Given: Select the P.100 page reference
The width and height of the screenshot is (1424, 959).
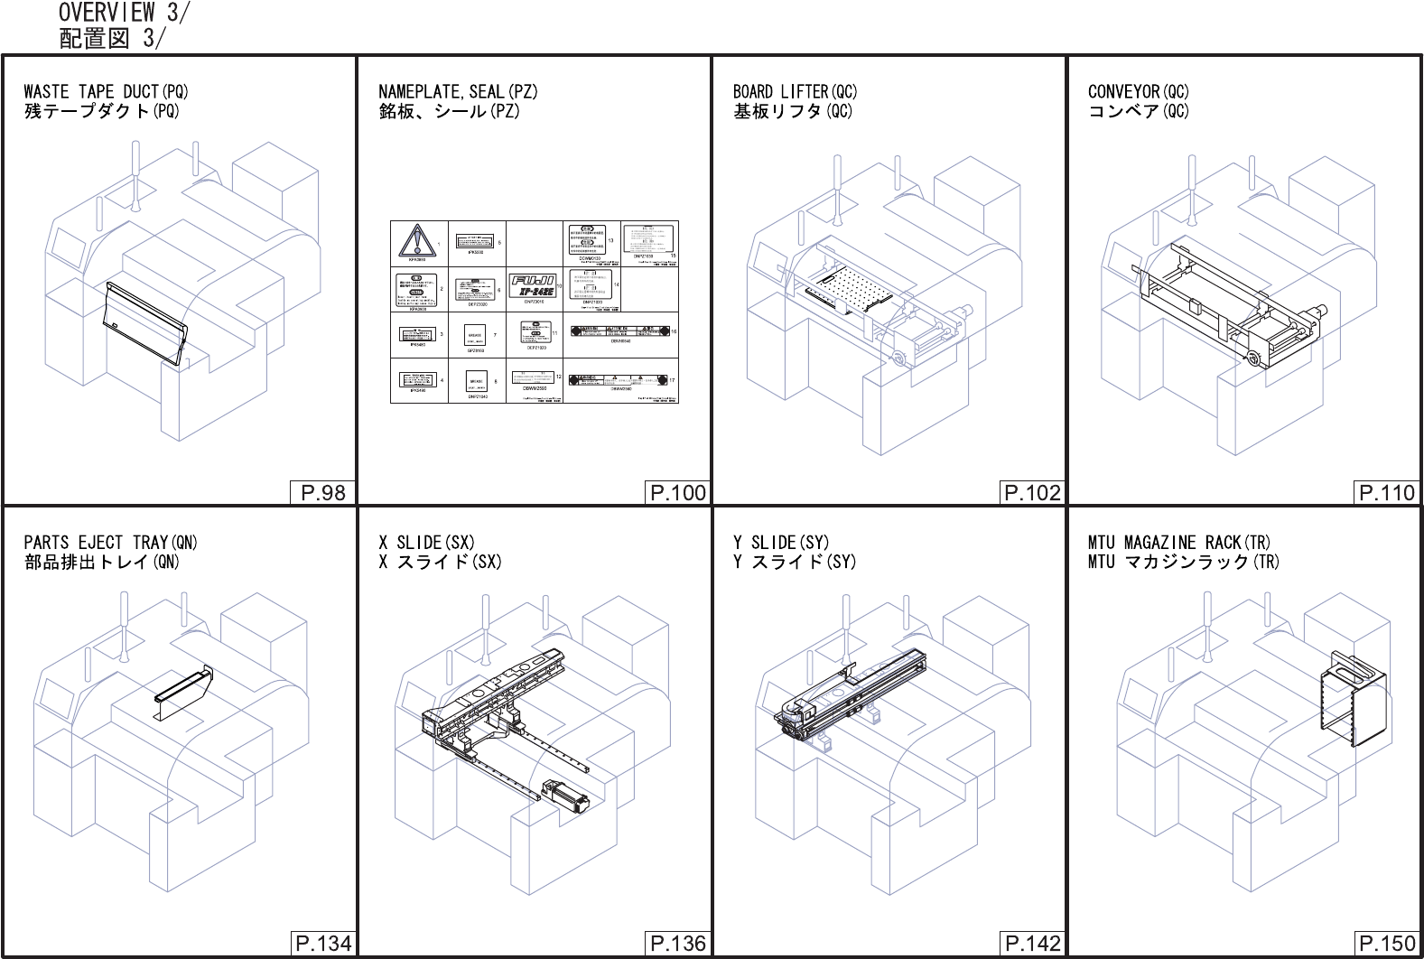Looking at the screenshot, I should click(677, 492).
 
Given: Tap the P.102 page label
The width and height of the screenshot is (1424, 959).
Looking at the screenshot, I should click(1032, 492).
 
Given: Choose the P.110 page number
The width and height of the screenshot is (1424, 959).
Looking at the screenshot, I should click(1387, 492).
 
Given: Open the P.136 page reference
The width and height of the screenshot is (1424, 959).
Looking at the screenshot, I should click(677, 944).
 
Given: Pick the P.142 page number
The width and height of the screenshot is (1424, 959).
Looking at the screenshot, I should click(1032, 944).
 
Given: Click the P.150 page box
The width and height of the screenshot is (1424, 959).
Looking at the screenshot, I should click(1387, 944).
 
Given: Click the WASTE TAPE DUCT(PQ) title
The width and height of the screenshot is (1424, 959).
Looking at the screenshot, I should click(106, 91).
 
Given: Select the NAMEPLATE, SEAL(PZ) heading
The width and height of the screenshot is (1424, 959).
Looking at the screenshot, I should click(458, 91).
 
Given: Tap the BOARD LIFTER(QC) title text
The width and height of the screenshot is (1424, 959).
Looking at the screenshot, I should click(795, 91).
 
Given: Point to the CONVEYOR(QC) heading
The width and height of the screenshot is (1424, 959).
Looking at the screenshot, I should click(1138, 91).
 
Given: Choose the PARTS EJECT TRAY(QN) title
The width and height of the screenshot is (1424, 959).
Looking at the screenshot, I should click(110, 543).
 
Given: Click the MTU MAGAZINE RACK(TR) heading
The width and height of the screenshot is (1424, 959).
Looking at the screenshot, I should click(1178, 543).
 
